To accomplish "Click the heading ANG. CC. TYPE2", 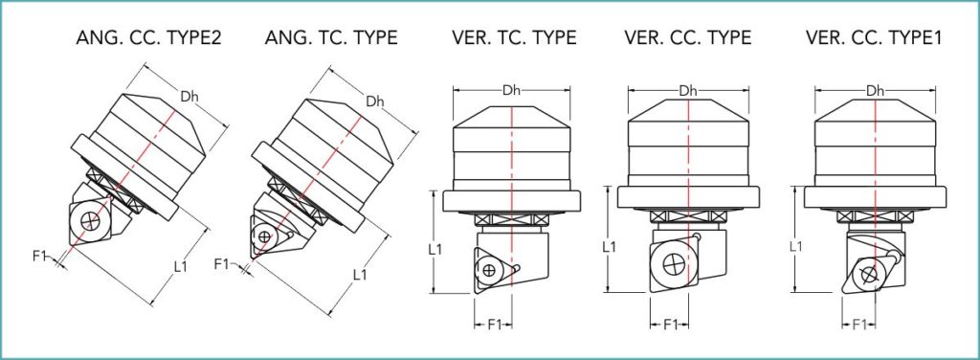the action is pyautogui.click(x=148, y=37).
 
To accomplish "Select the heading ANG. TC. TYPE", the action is pyautogui.click(x=331, y=37).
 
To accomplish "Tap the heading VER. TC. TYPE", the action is pyautogui.click(x=514, y=37).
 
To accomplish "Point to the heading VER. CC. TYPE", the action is pyautogui.click(x=687, y=37).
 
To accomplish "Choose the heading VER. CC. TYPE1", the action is pyautogui.click(x=874, y=37).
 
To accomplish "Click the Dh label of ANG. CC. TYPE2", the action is pyautogui.click(x=189, y=97).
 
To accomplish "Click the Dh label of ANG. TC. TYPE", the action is pyautogui.click(x=375, y=101).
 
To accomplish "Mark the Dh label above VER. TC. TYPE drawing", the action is pyautogui.click(x=512, y=91).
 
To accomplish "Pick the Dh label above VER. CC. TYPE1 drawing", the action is pyautogui.click(x=875, y=91).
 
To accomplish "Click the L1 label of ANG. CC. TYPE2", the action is pyautogui.click(x=181, y=267).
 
